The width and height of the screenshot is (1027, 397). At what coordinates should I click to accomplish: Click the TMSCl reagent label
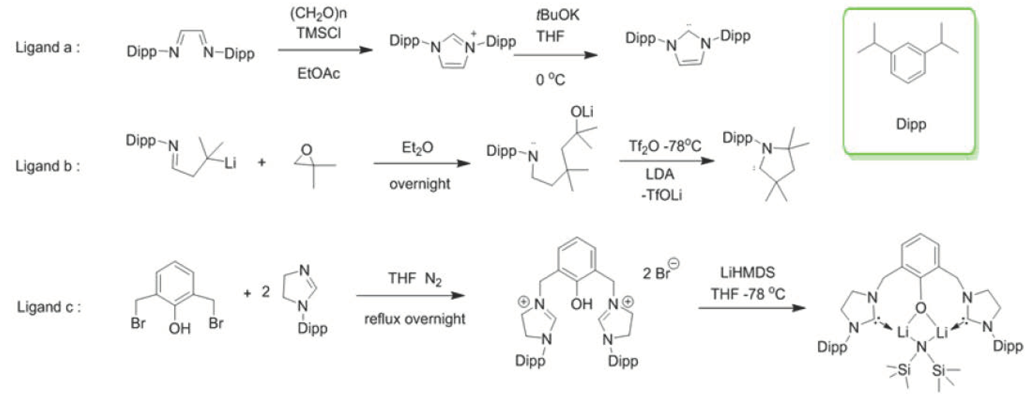[x=318, y=33]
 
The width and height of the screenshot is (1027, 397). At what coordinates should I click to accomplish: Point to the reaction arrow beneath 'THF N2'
[x=411, y=296]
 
